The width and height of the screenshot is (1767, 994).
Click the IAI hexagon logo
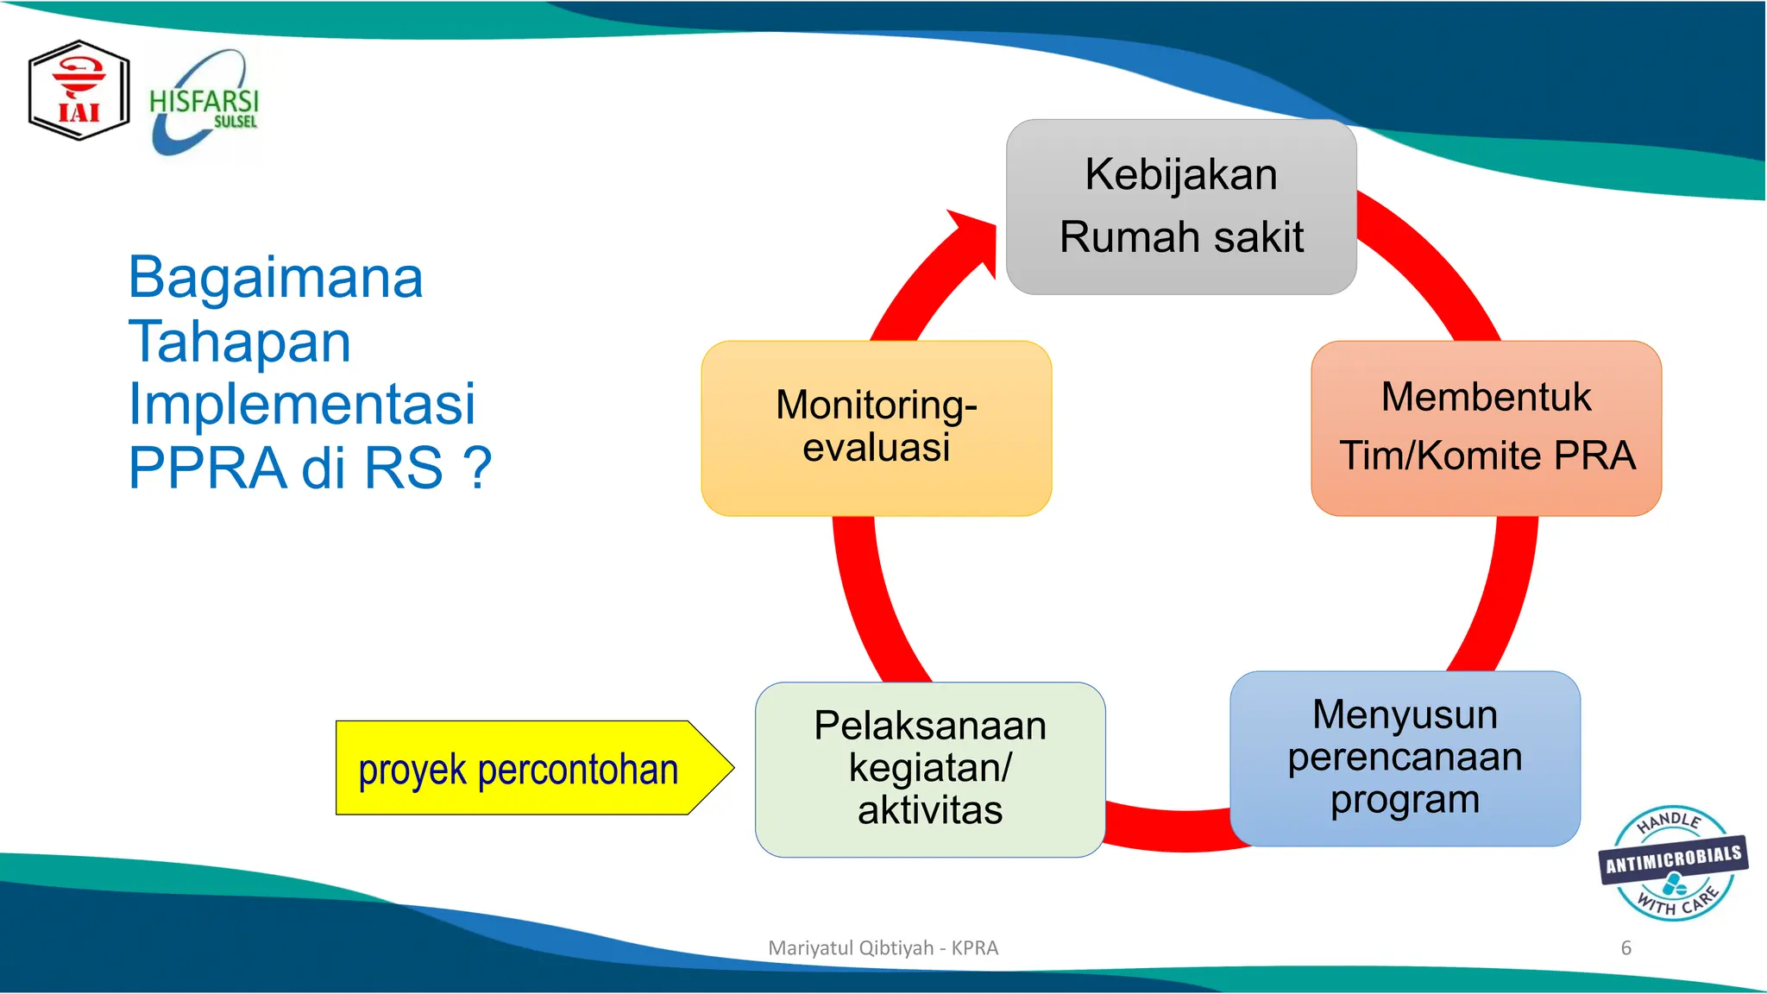79,91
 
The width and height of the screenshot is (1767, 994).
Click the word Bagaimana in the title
275,278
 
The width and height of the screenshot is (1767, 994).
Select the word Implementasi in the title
301,404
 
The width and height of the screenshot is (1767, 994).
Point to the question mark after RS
477,468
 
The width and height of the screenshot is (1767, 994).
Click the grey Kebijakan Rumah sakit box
1180,207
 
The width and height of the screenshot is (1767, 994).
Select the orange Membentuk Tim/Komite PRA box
1485,428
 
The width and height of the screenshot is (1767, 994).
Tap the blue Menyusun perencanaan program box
1404,758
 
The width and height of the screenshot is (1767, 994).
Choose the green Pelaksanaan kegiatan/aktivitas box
929,769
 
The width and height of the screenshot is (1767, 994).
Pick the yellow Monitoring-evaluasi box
876,428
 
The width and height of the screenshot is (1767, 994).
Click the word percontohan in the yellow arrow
577,769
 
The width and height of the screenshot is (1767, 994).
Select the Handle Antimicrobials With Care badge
1672,863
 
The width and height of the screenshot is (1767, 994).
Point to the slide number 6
1626,947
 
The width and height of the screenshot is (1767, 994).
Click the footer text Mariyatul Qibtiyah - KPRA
883,947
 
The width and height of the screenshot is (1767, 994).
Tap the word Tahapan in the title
240,342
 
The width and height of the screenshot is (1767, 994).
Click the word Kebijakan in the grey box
1180,174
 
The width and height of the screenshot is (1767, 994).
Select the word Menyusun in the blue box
1404,714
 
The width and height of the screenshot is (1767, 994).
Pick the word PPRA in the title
206,468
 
